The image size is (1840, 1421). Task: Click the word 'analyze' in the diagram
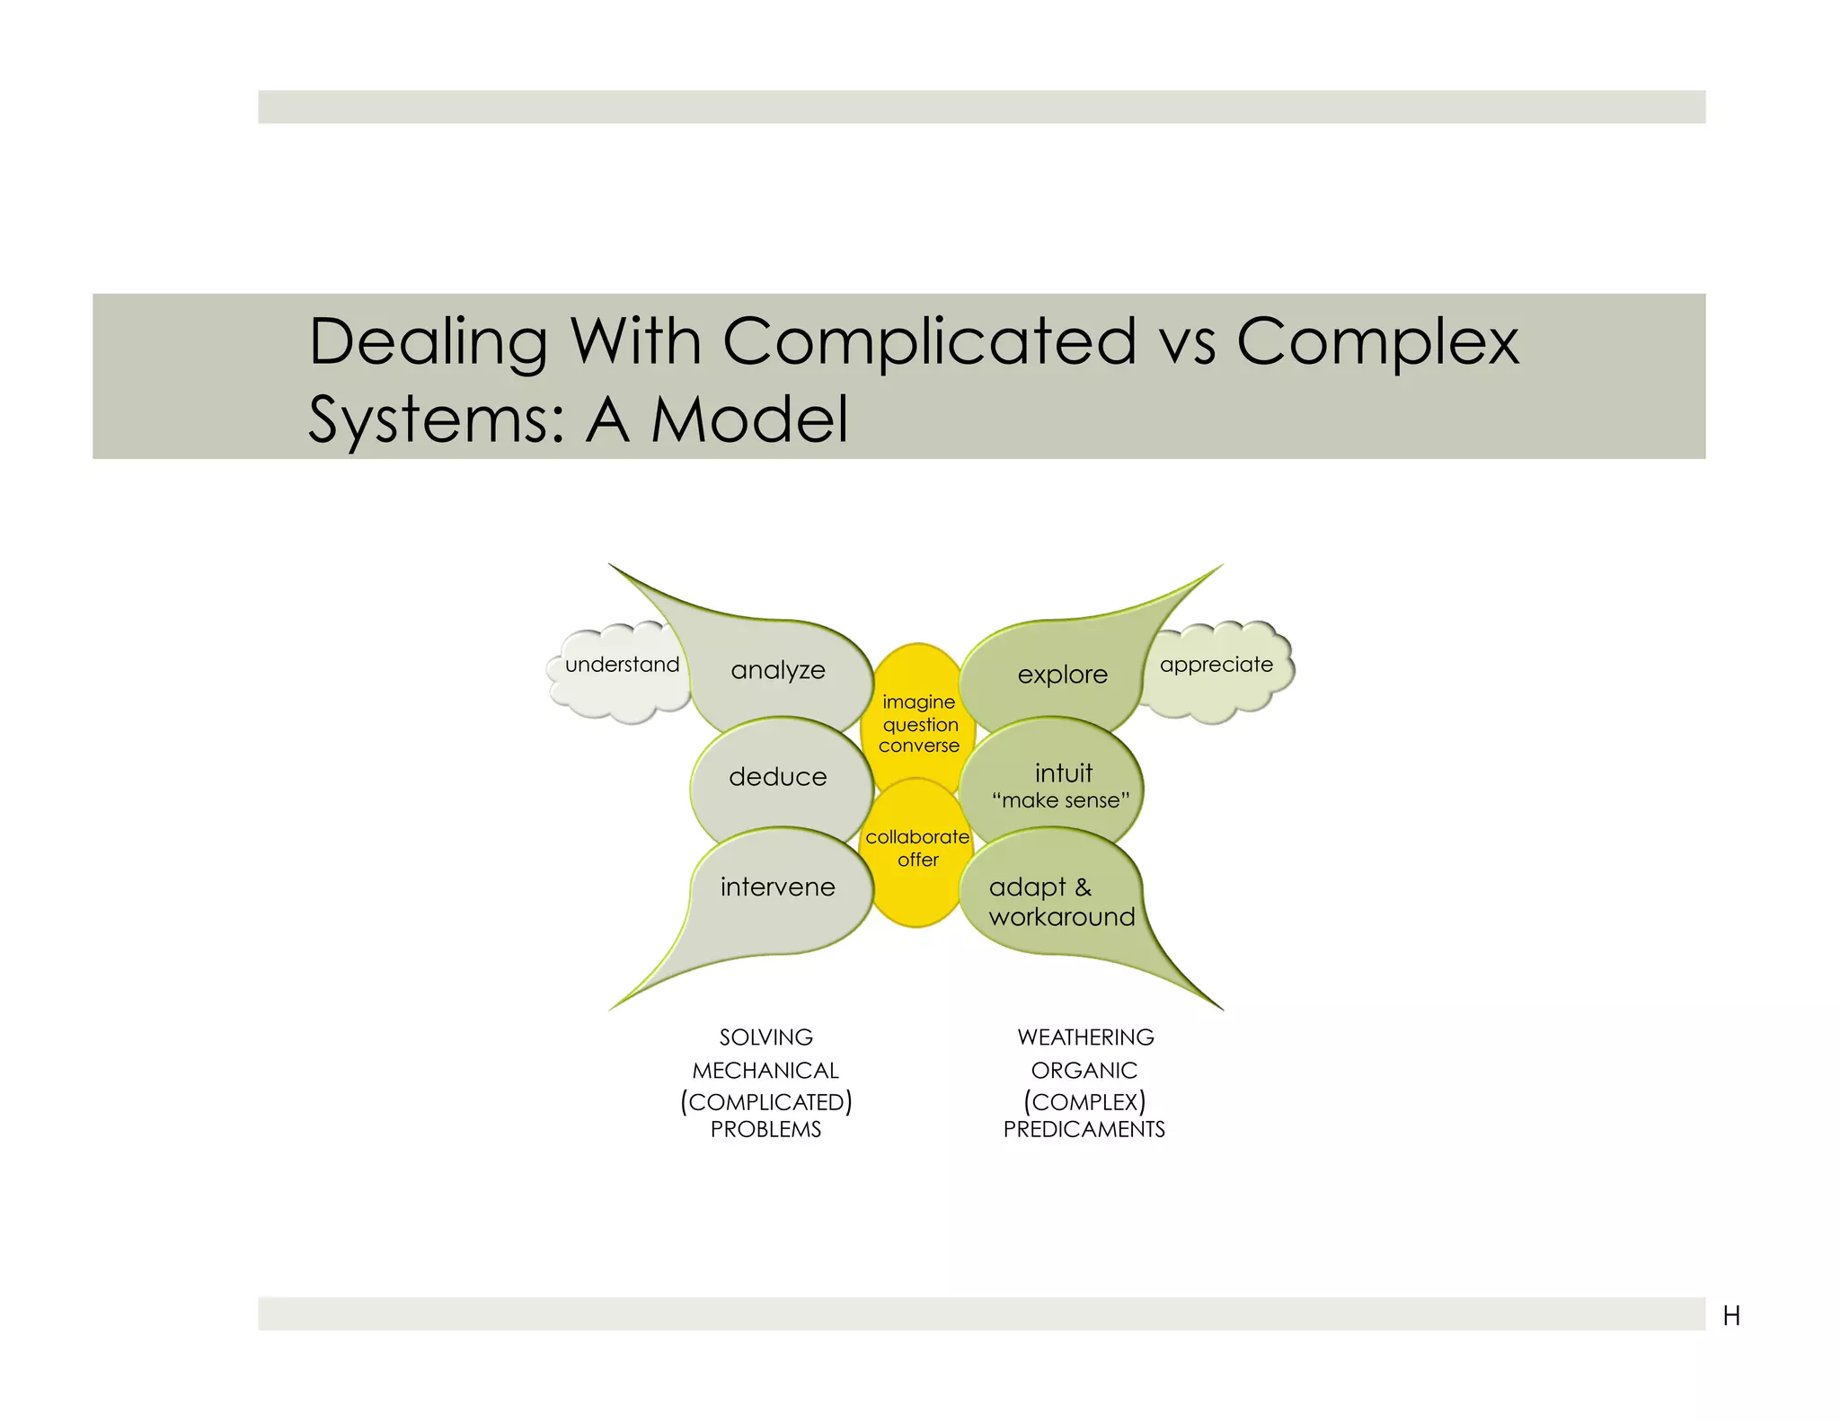pos(778,670)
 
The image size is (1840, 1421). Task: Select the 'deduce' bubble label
pos(778,776)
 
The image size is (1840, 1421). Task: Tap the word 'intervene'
pos(778,887)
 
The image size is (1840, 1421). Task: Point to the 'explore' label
pos(1063,675)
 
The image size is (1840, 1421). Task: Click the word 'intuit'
pos(1064,772)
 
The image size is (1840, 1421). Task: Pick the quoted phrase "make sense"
pos(1061,800)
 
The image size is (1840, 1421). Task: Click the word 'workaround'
pos(1062,917)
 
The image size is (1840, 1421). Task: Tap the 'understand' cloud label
pos(623,665)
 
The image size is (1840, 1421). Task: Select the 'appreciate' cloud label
pos(1216,665)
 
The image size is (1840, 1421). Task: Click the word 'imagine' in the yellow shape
pos(918,702)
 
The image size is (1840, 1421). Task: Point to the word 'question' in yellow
pos(920,724)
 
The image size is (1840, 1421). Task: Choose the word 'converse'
pos(919,746)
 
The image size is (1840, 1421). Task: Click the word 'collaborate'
pos(917,837)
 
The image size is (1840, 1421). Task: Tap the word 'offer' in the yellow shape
pos(918,860)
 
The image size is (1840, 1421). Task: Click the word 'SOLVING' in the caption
pos(766,1037)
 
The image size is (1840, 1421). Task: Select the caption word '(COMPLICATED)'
pos(766,1102)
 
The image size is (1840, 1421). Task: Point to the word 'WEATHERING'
pos(1085,1037)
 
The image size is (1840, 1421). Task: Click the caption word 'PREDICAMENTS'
pos(1084,1129)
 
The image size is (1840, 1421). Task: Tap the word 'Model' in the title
pos(749,419)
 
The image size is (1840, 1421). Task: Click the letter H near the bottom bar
pos(1731,1316)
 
